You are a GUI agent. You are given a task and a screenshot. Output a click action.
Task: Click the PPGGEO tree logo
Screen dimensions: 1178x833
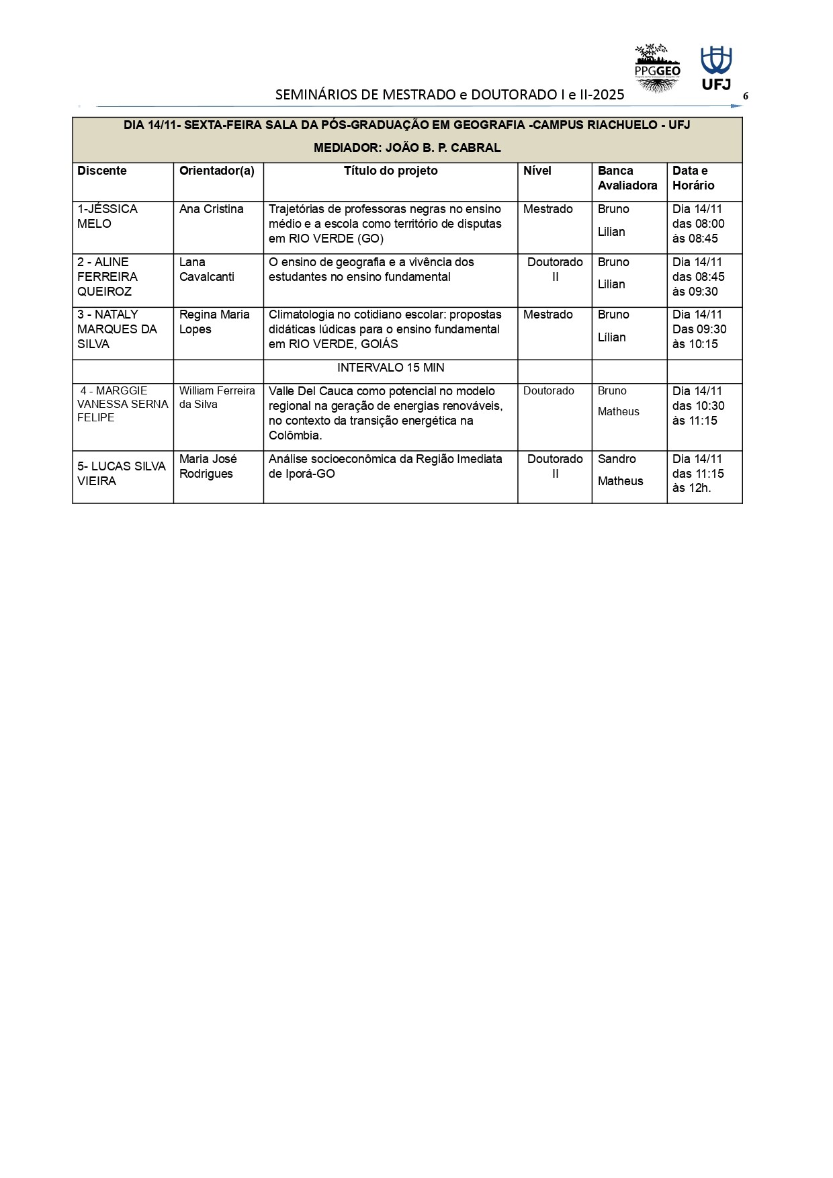[657, 68]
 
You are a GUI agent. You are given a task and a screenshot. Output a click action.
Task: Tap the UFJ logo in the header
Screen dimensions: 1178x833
[716, 68]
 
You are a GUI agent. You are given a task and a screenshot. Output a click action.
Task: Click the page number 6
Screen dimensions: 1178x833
[745, 96]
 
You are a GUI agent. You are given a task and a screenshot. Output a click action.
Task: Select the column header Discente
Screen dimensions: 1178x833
[102, 171]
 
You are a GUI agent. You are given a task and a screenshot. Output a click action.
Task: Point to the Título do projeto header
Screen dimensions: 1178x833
[390, 171]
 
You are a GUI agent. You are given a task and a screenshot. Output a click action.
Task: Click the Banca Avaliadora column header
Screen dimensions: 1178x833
[627, 178]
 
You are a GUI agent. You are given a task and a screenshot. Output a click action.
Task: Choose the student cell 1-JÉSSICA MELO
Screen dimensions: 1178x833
[107, 216]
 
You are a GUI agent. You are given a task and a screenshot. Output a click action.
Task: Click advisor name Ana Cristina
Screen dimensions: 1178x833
[211, 209]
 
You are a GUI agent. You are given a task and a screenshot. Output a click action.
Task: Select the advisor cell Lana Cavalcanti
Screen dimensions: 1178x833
[206, 269]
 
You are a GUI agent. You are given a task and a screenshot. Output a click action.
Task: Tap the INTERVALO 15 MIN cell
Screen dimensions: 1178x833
[390, 368]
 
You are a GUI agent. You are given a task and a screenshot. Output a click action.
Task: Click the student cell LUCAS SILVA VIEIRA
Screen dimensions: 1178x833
[122, 474]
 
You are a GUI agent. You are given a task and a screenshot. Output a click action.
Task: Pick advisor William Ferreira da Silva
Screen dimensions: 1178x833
[217, 397]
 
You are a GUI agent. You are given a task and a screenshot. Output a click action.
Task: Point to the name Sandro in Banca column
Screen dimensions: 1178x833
[617, 459]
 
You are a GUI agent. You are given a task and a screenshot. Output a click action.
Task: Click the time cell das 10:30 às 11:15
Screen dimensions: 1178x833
[698, 406]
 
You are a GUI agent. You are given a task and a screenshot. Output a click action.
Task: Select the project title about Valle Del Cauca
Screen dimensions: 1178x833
[386, 413]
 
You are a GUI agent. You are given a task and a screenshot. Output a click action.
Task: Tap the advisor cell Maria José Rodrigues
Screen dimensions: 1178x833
[208, 466]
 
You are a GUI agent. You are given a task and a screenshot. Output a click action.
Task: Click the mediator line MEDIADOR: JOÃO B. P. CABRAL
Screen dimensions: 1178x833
[407, 148]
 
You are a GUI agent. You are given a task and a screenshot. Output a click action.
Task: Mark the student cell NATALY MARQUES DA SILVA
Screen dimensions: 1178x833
[117, 329]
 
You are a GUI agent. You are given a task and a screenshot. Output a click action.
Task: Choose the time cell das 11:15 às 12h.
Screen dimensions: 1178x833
[698, 474]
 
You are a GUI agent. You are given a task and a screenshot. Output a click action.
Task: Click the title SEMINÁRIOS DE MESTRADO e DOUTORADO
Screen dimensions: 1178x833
[449, 95]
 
